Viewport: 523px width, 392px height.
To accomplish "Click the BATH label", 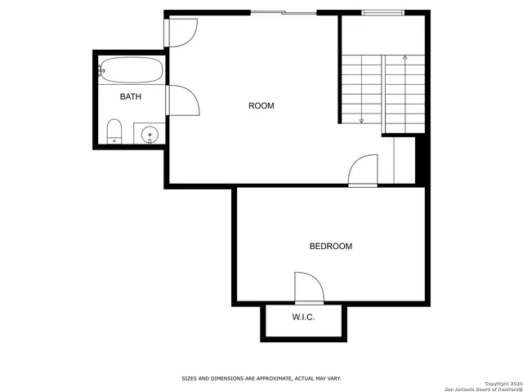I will (131, 97).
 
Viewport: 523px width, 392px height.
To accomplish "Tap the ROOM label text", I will (261, 106).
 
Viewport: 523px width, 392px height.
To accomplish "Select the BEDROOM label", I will (330, 247).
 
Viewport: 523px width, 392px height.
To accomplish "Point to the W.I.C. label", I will (304, 318).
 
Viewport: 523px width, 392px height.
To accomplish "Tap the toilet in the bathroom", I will (114, 131).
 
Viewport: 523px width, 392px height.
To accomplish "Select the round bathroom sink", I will (150, 134).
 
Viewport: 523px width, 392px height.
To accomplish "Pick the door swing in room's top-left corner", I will (181, 33).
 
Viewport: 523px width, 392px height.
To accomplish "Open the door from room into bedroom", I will (363, 171).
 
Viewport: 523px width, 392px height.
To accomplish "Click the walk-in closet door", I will (309, 288).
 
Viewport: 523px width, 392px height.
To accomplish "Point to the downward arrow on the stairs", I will (361, 120).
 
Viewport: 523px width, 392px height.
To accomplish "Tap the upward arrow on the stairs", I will (405, 58).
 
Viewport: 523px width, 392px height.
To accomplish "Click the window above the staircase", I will (382, 12).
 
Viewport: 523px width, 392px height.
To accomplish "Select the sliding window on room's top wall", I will (283, 12).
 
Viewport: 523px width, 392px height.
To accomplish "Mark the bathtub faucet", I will (101, 71).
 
